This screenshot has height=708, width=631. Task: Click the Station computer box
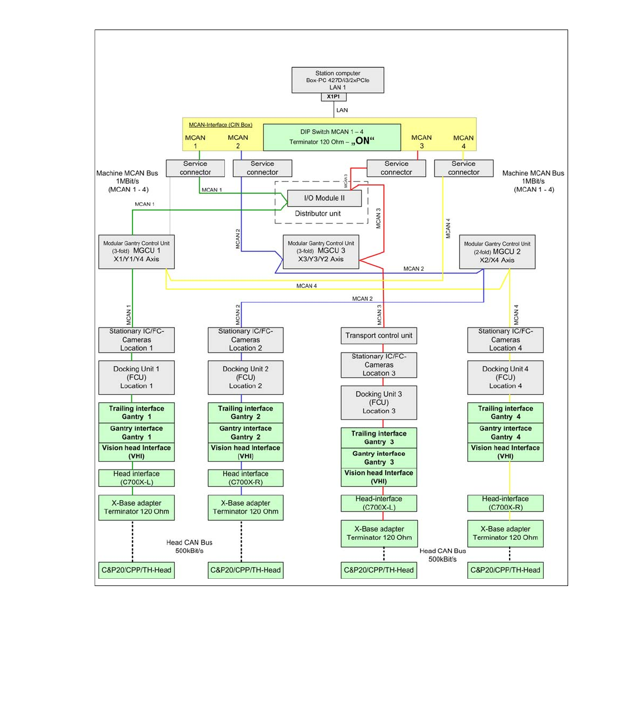(x=337, y=80)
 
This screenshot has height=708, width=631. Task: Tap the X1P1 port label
(x=333, y=97)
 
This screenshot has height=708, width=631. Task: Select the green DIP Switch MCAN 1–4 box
(x=332, y=137)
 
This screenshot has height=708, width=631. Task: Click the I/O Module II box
(x=324, y=198)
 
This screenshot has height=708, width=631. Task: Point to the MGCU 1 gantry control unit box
(x=136, y=251)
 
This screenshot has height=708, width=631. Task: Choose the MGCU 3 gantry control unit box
(x=321, y=251)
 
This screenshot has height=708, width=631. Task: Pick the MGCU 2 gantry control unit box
(x=497, y=252)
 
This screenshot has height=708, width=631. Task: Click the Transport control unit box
(x=378, y=335)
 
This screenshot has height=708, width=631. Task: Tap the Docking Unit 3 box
(x=378, y=402)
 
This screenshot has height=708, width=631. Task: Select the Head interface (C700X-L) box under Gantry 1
(x=136, y=478)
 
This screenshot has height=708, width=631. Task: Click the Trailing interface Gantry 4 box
(x=505, y=413)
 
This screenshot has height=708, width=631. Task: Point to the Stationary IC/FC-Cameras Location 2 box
(x=245, y=340)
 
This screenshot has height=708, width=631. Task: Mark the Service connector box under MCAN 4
(x=464, y=168)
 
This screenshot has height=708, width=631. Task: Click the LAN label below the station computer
(x=342, y=110)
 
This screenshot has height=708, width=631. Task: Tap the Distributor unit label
(x=318, y=213)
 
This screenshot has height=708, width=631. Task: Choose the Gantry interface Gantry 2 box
(x=245, y=433)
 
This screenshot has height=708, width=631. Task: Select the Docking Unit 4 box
(x=505, y=377)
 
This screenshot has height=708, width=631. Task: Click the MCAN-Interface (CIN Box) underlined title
(x=220, y=125)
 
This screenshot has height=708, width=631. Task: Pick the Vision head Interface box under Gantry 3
(x=378, y=477)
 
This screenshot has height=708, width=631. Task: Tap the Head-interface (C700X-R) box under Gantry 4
(x=505, y=503)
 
